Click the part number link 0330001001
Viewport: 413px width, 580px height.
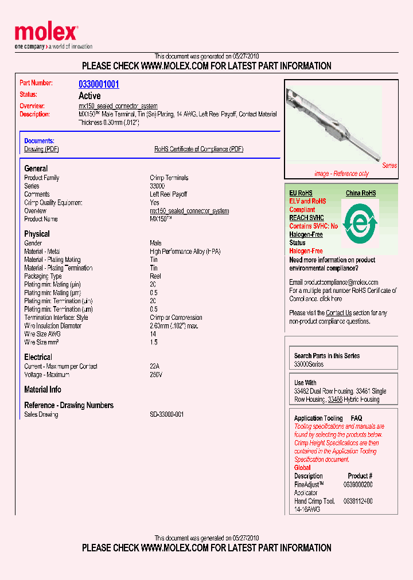click(99, 84)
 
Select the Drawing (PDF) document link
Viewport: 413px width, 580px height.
click(41, 149)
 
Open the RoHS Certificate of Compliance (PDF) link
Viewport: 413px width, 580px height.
click(198, 149)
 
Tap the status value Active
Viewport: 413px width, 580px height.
click(89, 96)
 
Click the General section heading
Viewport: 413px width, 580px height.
click(36, 168)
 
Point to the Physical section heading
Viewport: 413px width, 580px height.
click(37, 234)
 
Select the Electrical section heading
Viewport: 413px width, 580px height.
click(38, 357)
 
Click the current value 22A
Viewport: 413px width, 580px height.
click(155, 366)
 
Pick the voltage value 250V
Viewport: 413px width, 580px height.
click(156, 375)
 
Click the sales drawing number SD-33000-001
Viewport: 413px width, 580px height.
click(167, 414)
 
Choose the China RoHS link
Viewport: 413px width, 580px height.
click(361, 193)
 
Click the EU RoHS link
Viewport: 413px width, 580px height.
click(301, 193)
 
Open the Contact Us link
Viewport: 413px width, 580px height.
click(338, 313)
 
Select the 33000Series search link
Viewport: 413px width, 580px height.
click(309, 365)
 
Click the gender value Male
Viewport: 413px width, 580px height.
click(156, 243)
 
